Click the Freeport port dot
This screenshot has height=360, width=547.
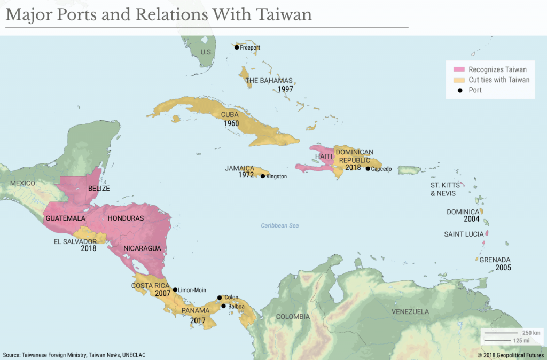click(x=237, y=48)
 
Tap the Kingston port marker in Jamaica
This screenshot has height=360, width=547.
click(x=262, y=176)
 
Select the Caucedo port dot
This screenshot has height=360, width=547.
click(x=368, y=169)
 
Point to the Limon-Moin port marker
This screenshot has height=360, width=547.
click(x=175, y=290)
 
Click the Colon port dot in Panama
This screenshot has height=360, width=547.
click(x=219, y=298)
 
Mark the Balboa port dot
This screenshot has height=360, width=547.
click(x=223, y=306)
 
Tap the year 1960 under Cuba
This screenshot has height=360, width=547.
click(x=231, y=123)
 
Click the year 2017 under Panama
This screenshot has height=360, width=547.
click(x=198, y=320)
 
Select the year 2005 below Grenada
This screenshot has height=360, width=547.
click(x=503, y=268)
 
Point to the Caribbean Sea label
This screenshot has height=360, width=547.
click(x=279, y=226)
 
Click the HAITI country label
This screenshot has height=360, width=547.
click(x=324, y=156)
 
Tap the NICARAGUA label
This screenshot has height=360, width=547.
click(x=142, y=248)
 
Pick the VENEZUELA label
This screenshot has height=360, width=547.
click(x=410, y=311)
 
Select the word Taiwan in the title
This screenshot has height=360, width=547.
click(x=284, y=14)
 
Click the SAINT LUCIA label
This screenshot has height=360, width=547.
click(x=464, y=234)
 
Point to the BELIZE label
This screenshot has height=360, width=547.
click(x=99, y=189)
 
